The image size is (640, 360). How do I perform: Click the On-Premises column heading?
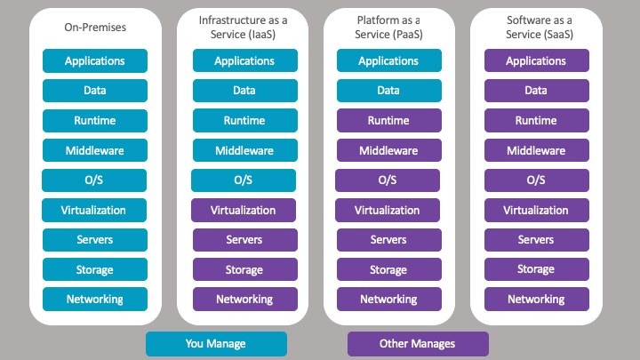pyautogui.click(x=95, y=28)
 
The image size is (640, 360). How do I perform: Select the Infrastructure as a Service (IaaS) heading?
pyautogui.click(x=243, y=27)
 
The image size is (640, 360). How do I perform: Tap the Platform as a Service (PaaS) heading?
pyautogui.click(x=388, y=27)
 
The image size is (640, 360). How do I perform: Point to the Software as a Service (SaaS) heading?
pyautogui.click(x=536, y=27)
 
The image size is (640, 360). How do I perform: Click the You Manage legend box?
pyautogui.click(x=216, y=344)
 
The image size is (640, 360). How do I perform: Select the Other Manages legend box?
pyautogui.click(x=418, y=344)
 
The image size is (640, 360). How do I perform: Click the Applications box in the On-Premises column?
pyautogui.click(x=95, y=61)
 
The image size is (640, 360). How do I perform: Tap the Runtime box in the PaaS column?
pyautogui.click(x=388, y=121)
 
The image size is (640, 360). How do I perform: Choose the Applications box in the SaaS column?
pyautogui.click(x=536, y=61)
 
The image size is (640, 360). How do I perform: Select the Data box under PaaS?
pyautogui.click(x=388, y=91)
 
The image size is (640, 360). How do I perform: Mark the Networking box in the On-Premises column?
pyautogui.click(x=95, y=300)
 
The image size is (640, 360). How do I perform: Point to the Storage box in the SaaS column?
pyautogui.click(x=536, y=269)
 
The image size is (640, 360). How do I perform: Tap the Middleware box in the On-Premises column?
pyautogui.click(x=95, y=151)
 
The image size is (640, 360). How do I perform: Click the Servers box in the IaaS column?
pyautogui.click(x=244, y=240)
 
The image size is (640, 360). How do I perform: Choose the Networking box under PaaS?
pyautogui.click(x=388, y=300)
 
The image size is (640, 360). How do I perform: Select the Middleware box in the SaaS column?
pyautogui.click(x=536, y=151)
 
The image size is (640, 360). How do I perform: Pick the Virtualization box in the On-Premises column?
pyautogui.click(x=94, y=211)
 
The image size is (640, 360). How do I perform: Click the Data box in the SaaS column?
pyautogui.click(x=536, y=91)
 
